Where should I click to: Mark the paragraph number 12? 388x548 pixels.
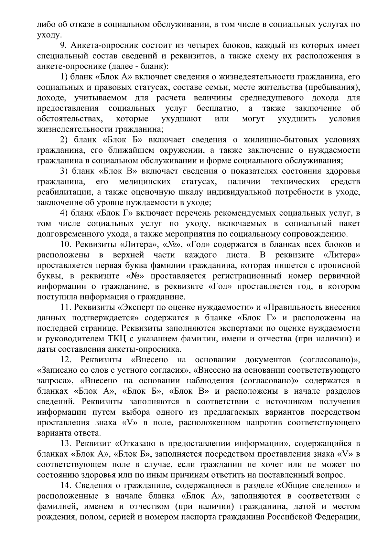66,360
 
